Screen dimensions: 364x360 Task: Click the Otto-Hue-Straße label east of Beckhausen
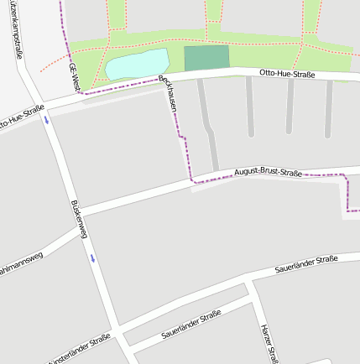287,75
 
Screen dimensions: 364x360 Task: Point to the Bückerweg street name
80,219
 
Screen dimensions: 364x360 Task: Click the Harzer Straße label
269,342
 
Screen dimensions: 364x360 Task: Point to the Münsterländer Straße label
79,350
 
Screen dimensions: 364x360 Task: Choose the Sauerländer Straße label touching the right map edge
306,264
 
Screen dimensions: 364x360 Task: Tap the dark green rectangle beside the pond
206,58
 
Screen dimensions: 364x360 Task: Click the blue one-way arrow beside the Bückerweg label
92,257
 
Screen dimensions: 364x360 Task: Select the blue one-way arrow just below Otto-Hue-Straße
47,119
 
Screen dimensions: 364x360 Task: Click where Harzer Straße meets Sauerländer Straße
249,288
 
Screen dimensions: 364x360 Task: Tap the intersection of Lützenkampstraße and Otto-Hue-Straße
39,103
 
